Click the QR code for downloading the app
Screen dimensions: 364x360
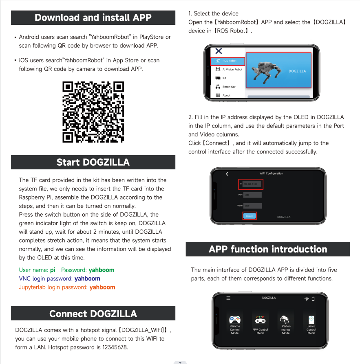93,112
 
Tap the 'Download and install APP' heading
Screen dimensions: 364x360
93,18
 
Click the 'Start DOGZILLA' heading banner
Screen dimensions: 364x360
93,162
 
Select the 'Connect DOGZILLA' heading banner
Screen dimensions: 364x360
93,314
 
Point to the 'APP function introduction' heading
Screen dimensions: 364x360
268,249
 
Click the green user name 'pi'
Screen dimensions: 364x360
53,270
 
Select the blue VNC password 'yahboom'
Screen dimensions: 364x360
87,278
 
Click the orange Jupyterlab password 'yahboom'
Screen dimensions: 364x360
102,287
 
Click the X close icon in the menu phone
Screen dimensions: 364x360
219,51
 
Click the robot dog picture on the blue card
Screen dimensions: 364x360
266,69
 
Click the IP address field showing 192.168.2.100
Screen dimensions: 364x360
251,184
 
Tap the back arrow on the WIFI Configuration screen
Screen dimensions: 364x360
227,174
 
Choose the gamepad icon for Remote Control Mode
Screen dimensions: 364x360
235,320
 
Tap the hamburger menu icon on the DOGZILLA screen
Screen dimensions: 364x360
228,298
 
